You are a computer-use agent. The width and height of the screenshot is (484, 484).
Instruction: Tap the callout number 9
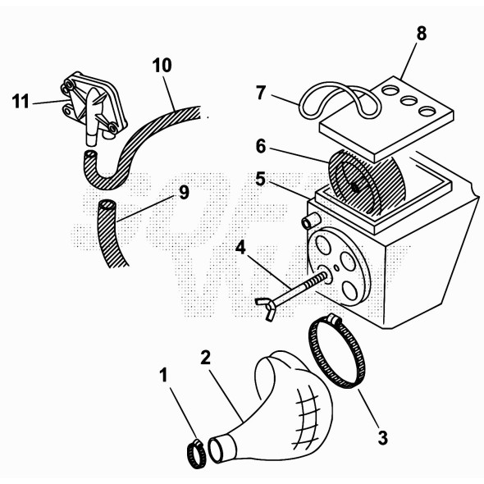coord(183,192)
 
